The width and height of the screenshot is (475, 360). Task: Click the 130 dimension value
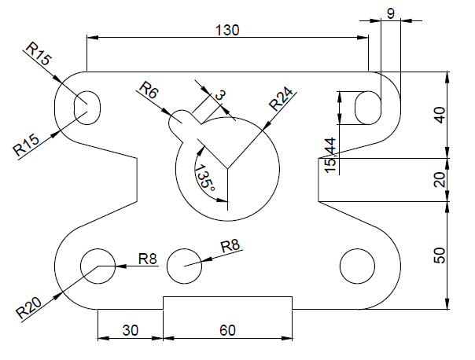point(227,29)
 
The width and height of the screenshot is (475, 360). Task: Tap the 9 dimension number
point(390,13)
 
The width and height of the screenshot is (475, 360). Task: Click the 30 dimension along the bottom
point(130,331)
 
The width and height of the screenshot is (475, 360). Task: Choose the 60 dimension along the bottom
point(227,331)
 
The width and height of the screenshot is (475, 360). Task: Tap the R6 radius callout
point(148,89)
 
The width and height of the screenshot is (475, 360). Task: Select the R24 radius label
point(281,101)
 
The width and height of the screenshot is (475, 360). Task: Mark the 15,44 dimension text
point(330,155)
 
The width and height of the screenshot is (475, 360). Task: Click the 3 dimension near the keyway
point(219,95)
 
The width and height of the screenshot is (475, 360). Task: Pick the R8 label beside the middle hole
point(230,246)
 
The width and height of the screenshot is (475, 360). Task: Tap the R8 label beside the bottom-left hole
point(147,258)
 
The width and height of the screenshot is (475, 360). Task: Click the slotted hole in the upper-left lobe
point(87,106)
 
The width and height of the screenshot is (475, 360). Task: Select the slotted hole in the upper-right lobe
point(367,107)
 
